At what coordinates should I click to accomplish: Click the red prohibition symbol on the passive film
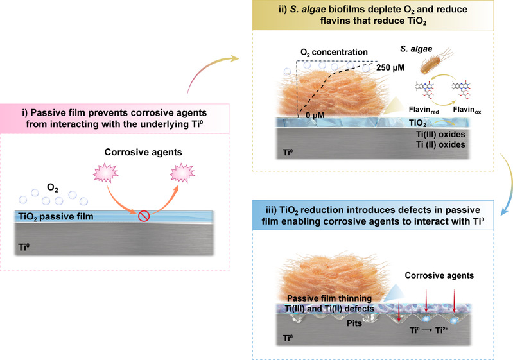coord(144,216)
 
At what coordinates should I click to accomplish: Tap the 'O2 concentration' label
coord(334,53)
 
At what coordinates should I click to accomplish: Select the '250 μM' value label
coord(390,67)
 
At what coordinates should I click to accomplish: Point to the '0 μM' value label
coord(315,115)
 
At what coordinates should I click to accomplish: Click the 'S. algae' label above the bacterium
coord(416,49)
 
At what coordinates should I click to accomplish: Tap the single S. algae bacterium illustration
coord(435,62)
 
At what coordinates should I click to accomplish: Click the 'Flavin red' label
coord(424,110)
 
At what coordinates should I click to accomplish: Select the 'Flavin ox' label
coord(467,110)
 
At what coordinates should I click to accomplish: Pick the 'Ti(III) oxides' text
coord(440,134)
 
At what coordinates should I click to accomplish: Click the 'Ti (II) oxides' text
coord(440,144)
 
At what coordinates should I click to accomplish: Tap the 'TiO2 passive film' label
coord(56,217)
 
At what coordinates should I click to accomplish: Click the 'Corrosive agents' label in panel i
coord(143,152)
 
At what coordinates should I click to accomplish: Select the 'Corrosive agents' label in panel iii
coord(439,275)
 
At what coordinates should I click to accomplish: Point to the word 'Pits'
coord(354,323)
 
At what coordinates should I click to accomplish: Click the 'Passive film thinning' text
coord(329,298)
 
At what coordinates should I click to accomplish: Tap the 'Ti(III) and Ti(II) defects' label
coord(329,309)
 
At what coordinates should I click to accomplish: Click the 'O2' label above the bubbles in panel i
coord(53,187)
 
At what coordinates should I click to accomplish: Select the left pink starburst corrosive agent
coord(106,173)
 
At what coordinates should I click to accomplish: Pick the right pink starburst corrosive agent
coord(182,173)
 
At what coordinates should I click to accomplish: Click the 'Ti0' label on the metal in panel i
coord(24,247)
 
